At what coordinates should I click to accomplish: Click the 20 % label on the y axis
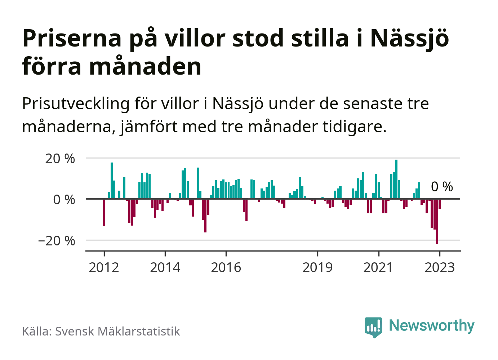point(60,159)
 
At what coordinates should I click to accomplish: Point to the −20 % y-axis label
point(57,241)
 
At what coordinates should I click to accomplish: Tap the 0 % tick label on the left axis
point(64,200)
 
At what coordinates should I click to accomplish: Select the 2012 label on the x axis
point(104,268)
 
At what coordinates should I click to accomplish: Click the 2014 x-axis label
point(165,268)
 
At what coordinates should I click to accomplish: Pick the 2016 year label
point(226,268)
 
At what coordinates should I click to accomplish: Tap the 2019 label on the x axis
point(317,268)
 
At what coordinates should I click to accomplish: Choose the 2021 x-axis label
point(378,268)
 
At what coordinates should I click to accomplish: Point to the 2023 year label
point(440,268)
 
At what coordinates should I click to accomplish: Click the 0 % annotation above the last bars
point(442,187)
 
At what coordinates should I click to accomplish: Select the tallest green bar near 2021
point(396,179)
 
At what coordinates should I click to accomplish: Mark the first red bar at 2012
point(104,213)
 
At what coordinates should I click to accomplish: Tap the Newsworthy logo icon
point(373,327)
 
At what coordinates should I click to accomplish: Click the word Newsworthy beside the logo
point(432,325)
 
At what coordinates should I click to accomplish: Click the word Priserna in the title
point(72,38)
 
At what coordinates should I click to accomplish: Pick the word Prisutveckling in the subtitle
point(76,104)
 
